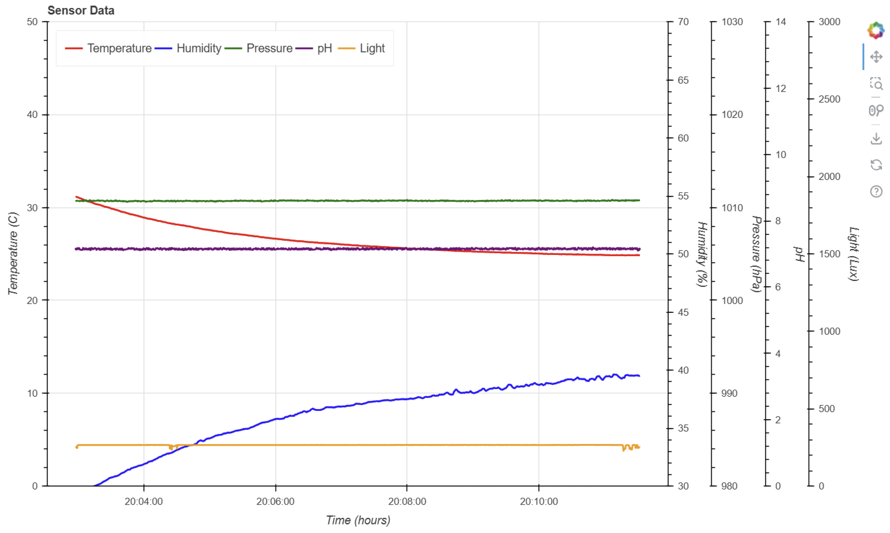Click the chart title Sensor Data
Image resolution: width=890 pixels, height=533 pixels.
tap(81, 10)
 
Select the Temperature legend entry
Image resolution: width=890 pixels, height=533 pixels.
tap(119, 48)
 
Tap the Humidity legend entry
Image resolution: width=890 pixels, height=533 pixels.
tap(199, 48)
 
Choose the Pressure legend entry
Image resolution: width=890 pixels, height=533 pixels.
tap(269, 48)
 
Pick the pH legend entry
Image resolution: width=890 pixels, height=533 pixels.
tap(324, 48)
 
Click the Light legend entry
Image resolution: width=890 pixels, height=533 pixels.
tap(372, 48)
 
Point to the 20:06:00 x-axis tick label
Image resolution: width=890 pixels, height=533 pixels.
tap(275, 501)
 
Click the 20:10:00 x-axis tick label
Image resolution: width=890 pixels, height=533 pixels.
tap(539, 501)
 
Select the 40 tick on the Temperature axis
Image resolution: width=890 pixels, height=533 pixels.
tap(32, 115)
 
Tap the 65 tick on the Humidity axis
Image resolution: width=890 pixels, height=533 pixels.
tap(683, 80)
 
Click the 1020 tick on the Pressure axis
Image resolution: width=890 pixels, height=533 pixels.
tap(732, 115)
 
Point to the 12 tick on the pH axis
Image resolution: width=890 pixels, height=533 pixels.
tap(780, 88)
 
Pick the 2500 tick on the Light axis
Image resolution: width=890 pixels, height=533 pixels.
tap(829, 99)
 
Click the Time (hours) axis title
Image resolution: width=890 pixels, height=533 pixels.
tap(358, 520)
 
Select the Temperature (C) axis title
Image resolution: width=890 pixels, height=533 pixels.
tap(13, 254)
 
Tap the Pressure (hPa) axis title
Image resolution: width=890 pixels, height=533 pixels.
tap(757, 254)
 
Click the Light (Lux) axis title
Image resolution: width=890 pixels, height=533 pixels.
tap(853, 254)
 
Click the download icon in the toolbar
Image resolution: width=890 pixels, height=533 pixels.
tap(876, 138)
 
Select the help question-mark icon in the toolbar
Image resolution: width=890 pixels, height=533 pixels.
tap(876, 191)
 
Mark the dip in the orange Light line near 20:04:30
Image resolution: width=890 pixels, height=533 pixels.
tap(171, 448)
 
